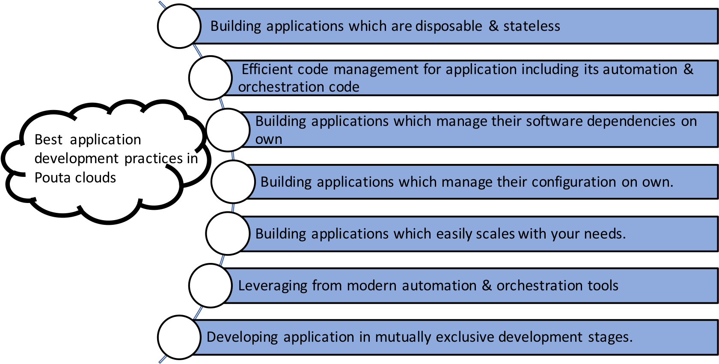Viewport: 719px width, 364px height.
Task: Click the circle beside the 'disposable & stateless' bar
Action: click(x=179, y=26)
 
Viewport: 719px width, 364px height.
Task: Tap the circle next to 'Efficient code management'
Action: click(x=210, y=78)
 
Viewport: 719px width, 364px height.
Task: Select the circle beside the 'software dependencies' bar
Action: click(x=228, y=130)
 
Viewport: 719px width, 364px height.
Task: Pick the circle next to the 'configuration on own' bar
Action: click(x=233, y=182)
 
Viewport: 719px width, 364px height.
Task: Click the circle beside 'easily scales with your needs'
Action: click(x=228, y=233)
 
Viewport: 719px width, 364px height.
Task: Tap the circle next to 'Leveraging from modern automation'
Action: click(x=210, y=286)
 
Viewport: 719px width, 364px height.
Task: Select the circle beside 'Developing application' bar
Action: click(x=179, y=337)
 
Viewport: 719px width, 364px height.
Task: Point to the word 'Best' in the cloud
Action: click(x=48, y=140)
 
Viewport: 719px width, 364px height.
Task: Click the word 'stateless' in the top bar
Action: click(x=532, y=26)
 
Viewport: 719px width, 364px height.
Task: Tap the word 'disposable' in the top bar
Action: click(x=449, y=27)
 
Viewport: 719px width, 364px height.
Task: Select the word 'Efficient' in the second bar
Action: click(x=267, y=69)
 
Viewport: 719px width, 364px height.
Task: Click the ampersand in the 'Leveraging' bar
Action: click(x=487, y=286)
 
